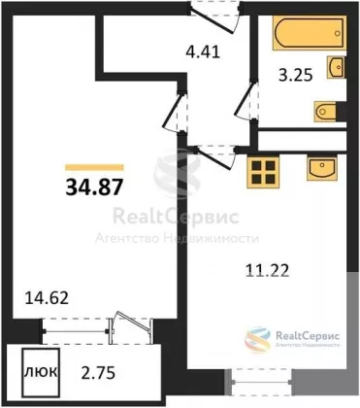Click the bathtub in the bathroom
[310, 33]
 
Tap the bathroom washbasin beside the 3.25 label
[336, 67]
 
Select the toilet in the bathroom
[325, 112]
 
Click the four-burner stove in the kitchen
[263, 172]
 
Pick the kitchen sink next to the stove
[322, 167]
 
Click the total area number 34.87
[94, 187]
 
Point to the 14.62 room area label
[47, 297]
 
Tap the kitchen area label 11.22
[267, 270]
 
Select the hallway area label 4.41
[203, 51]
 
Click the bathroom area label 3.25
[296, 75]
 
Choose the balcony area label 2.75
[98, 373]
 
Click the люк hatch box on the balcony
[41, 373]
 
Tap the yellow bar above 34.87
[94, 167]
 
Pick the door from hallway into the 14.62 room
[175, 111]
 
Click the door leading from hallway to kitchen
[216, 157]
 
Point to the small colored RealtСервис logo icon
[257, 339]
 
